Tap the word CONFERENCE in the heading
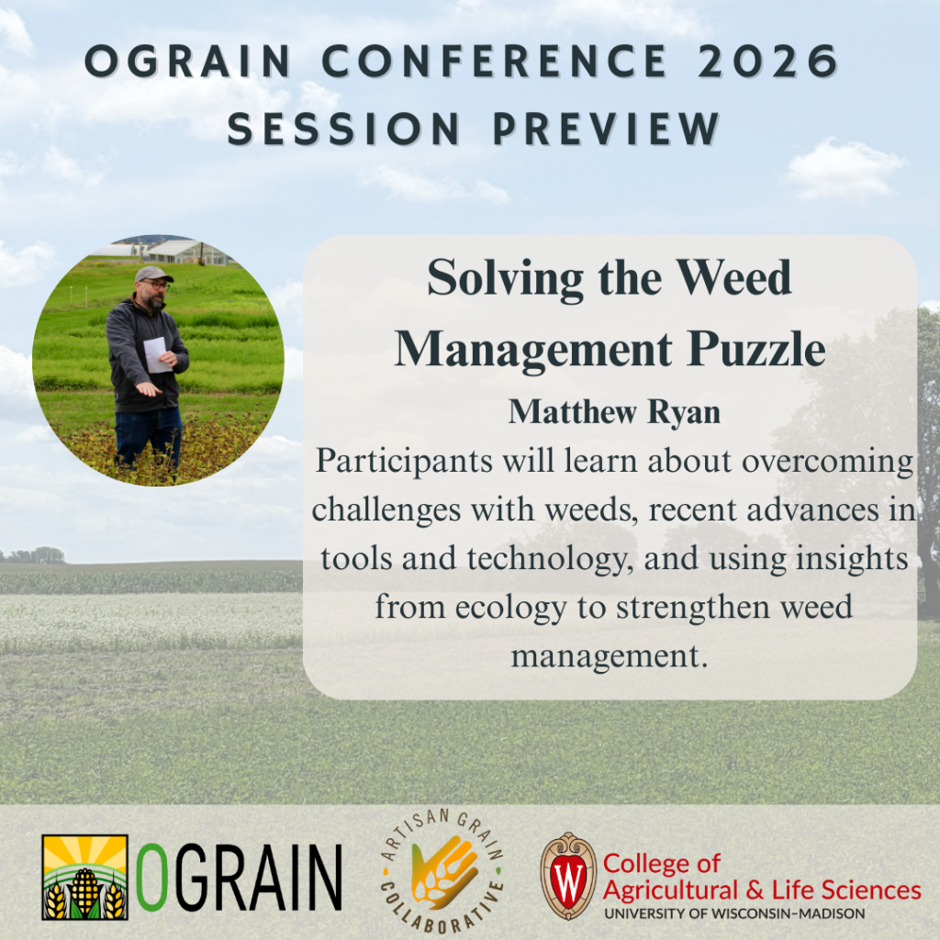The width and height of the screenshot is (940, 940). (495, 62)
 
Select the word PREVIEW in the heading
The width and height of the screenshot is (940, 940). (606, 129)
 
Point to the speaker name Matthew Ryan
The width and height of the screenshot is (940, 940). (614, 412)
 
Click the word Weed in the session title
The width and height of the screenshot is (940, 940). (733, 277)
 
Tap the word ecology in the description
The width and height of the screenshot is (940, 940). (510, 608)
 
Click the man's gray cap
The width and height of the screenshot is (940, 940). (153, 274)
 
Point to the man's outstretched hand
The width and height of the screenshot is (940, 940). (148, 390)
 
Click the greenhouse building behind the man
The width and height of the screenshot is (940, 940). (187, 252)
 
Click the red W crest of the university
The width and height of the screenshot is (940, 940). (568, 876)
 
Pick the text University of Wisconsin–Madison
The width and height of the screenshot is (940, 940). (734, 913)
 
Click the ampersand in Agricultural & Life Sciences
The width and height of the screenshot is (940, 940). (756, 890)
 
